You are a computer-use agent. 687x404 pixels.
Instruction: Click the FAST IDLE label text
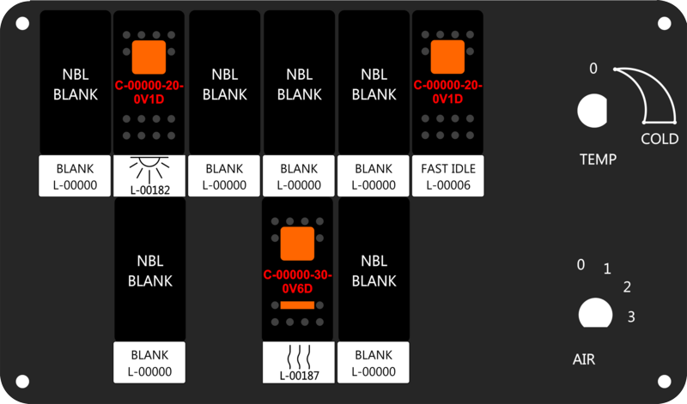coord(448,168)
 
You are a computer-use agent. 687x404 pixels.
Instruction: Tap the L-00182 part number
coord(149,190)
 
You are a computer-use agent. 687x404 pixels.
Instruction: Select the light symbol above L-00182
coord(149,169)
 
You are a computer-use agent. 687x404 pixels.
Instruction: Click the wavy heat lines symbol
coord(299,356)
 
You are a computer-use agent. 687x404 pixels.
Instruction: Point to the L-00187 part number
coord(299,376)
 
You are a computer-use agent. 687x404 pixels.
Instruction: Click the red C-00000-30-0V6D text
coord(298,282)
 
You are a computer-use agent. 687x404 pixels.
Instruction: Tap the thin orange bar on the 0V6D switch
coord(297,305)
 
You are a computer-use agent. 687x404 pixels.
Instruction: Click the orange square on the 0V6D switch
coord(297,244)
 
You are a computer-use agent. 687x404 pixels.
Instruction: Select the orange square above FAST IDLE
coord(447,57)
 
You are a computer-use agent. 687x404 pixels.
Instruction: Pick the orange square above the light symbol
coord(149,57)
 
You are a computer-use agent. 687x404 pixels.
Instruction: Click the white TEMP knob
coord(593,111)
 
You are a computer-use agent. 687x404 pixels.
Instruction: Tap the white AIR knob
coord(595,313)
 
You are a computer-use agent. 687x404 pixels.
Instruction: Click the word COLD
coord(660,139)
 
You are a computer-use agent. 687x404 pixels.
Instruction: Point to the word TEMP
coord(598,159)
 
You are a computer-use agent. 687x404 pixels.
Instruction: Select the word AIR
coord(584,359)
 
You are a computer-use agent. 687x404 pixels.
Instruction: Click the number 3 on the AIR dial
coord(631,317)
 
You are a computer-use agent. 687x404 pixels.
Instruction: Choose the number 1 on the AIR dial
coord(607,268)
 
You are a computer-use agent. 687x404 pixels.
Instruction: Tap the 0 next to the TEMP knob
coord(593,69)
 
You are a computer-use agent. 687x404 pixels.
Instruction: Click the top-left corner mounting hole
coord(22,23)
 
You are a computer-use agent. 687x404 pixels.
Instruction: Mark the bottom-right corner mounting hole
coord(664,381)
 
